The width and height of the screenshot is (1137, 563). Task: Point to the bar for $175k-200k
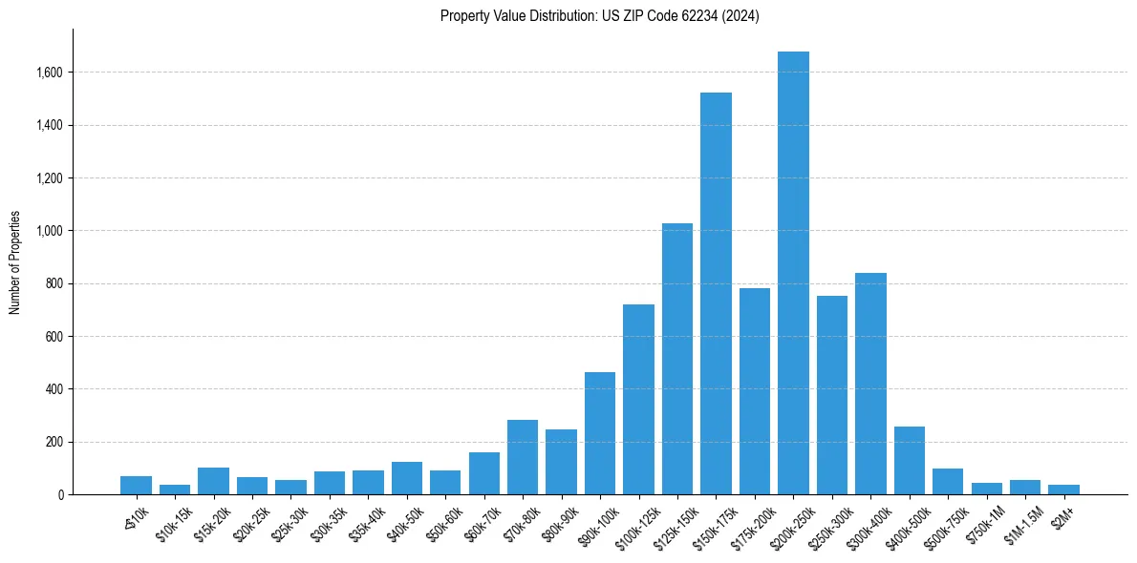[x=755, y=391]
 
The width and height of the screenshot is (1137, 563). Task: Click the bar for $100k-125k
[x=638, y=400]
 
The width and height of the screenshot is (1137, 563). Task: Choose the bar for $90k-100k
[x=600, y=433]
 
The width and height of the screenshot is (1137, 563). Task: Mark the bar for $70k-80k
[x=523, y=457]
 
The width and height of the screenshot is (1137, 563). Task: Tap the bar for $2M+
[x=1063, y=490]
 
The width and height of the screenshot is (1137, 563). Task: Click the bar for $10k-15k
[x=175, y=490]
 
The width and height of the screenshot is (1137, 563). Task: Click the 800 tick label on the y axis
[x=54, y=283]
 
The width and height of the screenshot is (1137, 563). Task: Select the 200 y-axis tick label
[x=54, y=442]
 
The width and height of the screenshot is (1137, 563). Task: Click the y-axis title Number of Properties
[x=14, y=262]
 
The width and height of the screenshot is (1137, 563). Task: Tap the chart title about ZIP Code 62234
[x=599, y=16]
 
